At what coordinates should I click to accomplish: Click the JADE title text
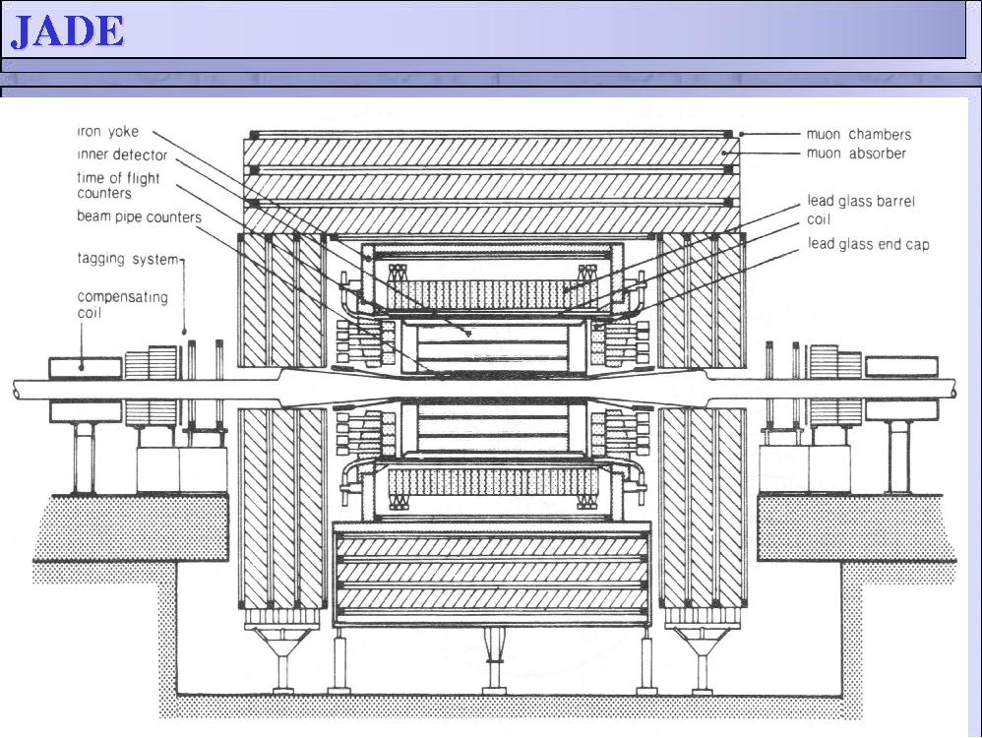(x=67, y=31)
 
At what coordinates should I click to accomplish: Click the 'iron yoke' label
(x=107, y=132)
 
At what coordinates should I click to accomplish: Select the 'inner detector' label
(x=122, y=154)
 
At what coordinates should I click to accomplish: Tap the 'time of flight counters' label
(x=118, y=185)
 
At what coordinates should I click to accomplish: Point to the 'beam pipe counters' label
(x=139, y=216)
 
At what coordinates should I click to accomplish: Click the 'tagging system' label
(x=128, y=259)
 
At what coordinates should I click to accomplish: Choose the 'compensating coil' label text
(x=122, y=304)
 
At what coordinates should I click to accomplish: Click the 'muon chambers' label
(x=858, y=134)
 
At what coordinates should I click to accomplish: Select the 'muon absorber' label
(x=855, y=153)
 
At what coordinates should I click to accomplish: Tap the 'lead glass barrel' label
(x=861, y=201)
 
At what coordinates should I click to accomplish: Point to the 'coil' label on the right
(x=819, y=219)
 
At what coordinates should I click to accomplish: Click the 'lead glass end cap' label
(x=868, y=244)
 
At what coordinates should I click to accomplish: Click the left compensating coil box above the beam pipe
(x=86, y=368)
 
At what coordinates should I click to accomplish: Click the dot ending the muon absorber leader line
(x=723, y=153)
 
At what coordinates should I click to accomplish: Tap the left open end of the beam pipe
(x=15, y=390)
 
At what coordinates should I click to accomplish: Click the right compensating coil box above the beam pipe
(x=901, y=366)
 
